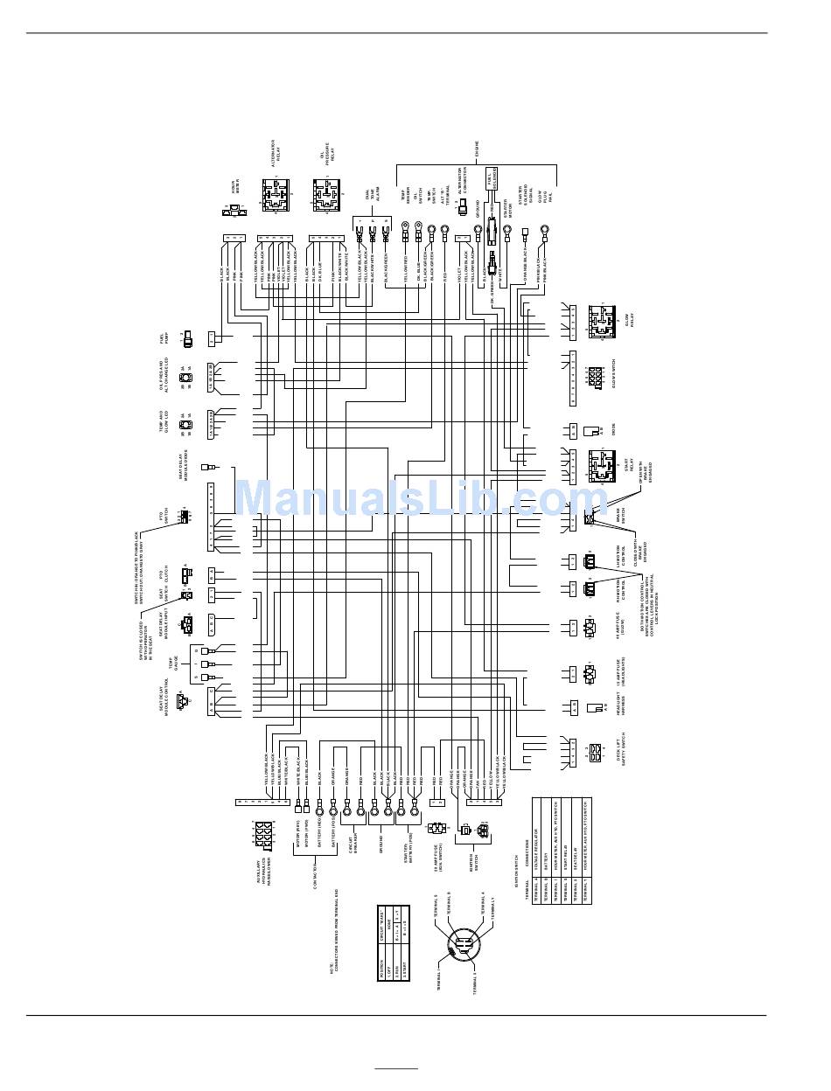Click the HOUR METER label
coord(234,187)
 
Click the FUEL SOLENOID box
coord(491,178)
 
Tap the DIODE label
coord(613,430)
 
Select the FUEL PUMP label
coord(164,337)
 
